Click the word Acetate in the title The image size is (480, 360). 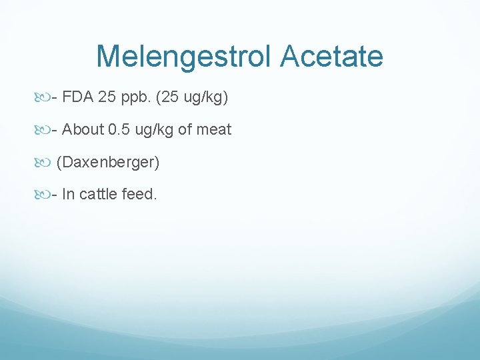point(332,56)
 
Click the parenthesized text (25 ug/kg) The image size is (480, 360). point(192,99)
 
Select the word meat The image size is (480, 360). point(215,130)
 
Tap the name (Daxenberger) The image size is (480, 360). point(108,162)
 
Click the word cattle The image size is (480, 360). point(99,194)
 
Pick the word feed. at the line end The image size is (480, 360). point(140,194)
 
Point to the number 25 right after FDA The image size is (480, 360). point(106,98)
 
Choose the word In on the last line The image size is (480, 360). point(67,194)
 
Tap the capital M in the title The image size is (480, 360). point(109,56)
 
